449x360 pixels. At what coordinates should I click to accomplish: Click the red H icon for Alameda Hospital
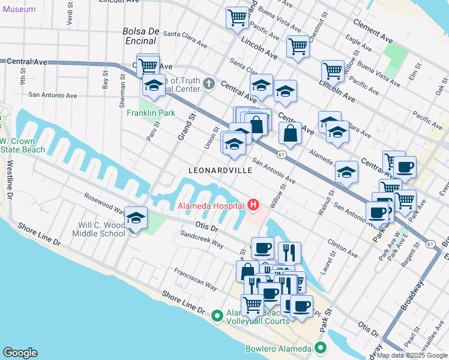click(x=253, y=206)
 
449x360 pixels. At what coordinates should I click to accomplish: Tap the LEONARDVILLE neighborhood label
click(x=220, y=170)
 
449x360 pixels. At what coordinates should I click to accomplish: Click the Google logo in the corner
click(x=20, y=353)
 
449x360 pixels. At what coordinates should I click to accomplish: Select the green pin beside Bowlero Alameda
click(x=321, y=348)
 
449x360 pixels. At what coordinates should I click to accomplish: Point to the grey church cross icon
click(x=209, y=83)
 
